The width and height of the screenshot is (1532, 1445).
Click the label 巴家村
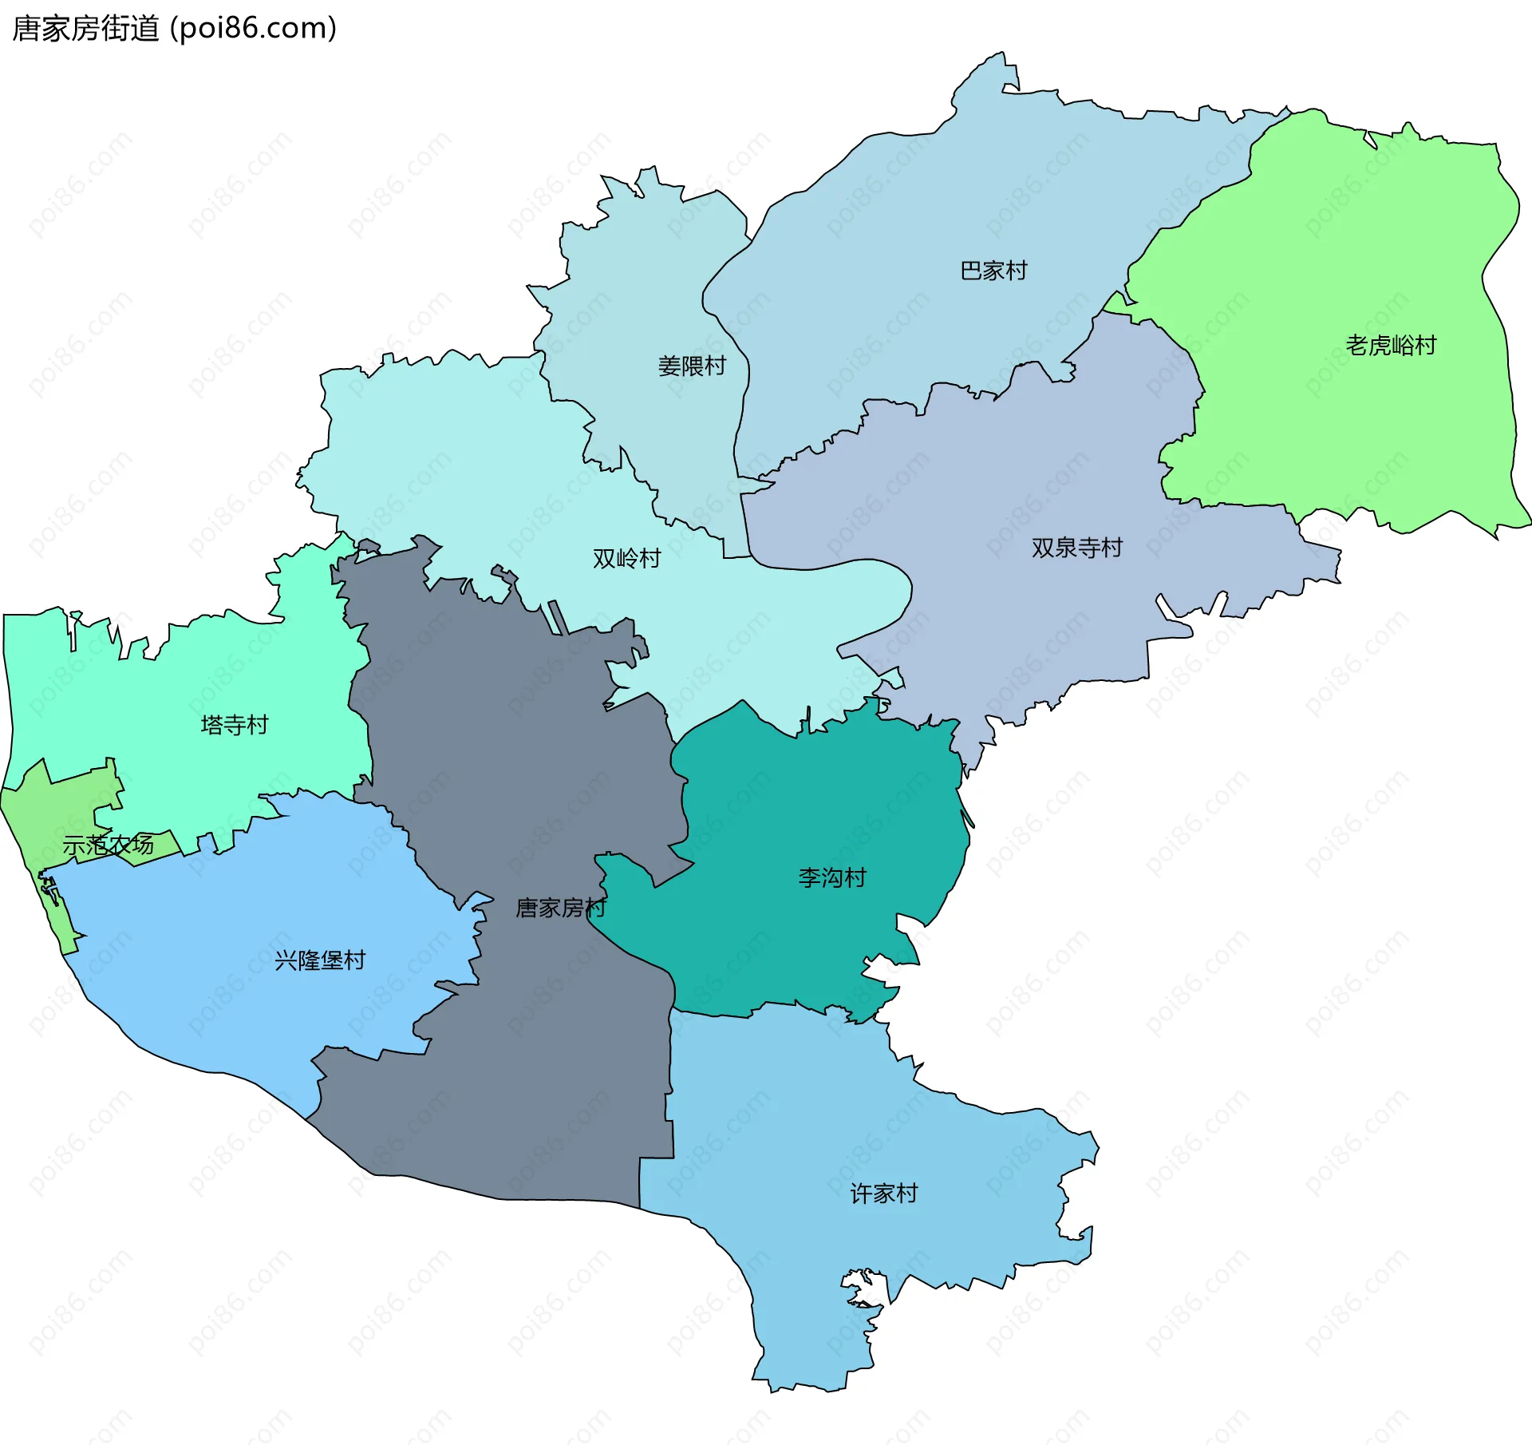click(x=993, y=271)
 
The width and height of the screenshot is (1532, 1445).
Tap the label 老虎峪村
click(x=1391, y=346)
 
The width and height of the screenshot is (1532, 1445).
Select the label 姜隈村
click(x=692, y=366)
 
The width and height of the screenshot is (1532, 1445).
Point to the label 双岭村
click(x=626, y=559)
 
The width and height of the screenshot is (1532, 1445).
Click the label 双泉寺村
click(x=1076, y=548)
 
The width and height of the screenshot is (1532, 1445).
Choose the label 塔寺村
click(x=235, y=725)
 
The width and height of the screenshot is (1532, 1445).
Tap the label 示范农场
click(x=108, y=845)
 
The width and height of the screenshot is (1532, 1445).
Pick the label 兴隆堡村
click(x=320, y=960)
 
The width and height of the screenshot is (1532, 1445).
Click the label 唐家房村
click(x=560, y=908)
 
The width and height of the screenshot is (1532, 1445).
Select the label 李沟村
click(x=832, y=878)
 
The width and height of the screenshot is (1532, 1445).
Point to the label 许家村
click(x=884, y=1194)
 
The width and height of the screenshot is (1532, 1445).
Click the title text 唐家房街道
click(x=86, y=29)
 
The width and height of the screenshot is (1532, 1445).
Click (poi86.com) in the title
click(x=254, y=29)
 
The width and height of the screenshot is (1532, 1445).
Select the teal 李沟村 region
click(x=798, y=798)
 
